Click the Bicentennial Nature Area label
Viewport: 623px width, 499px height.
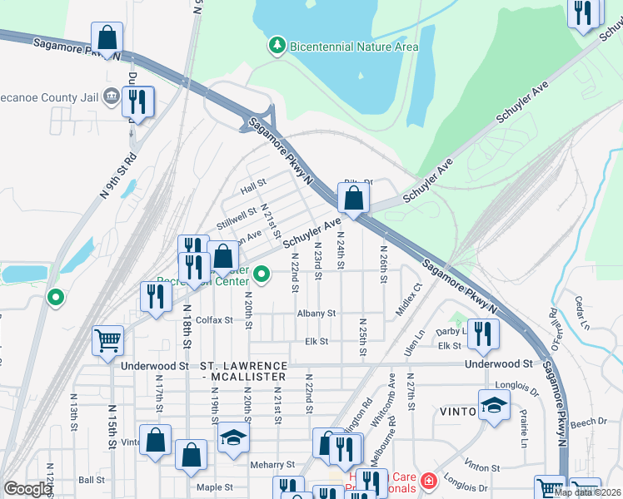click(353, 47)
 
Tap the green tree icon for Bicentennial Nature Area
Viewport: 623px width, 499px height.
click(277, 43)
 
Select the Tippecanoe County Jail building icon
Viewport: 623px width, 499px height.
click(110, 96)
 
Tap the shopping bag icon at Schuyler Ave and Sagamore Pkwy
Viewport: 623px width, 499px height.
click(354, 198)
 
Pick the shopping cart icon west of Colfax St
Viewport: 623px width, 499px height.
click(108, 340)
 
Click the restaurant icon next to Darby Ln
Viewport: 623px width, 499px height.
click(484, 334)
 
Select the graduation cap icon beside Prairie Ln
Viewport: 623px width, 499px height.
click(495, 406)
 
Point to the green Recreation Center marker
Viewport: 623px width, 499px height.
click(262, 274)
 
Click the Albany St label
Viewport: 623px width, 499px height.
click(316, 314)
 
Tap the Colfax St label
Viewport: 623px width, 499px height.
click(215, 319)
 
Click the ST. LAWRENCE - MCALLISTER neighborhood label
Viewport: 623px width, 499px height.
click(244, 372)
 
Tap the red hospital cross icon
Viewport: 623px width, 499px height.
click(428, 481)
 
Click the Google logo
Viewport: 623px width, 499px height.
click(27, 489)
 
